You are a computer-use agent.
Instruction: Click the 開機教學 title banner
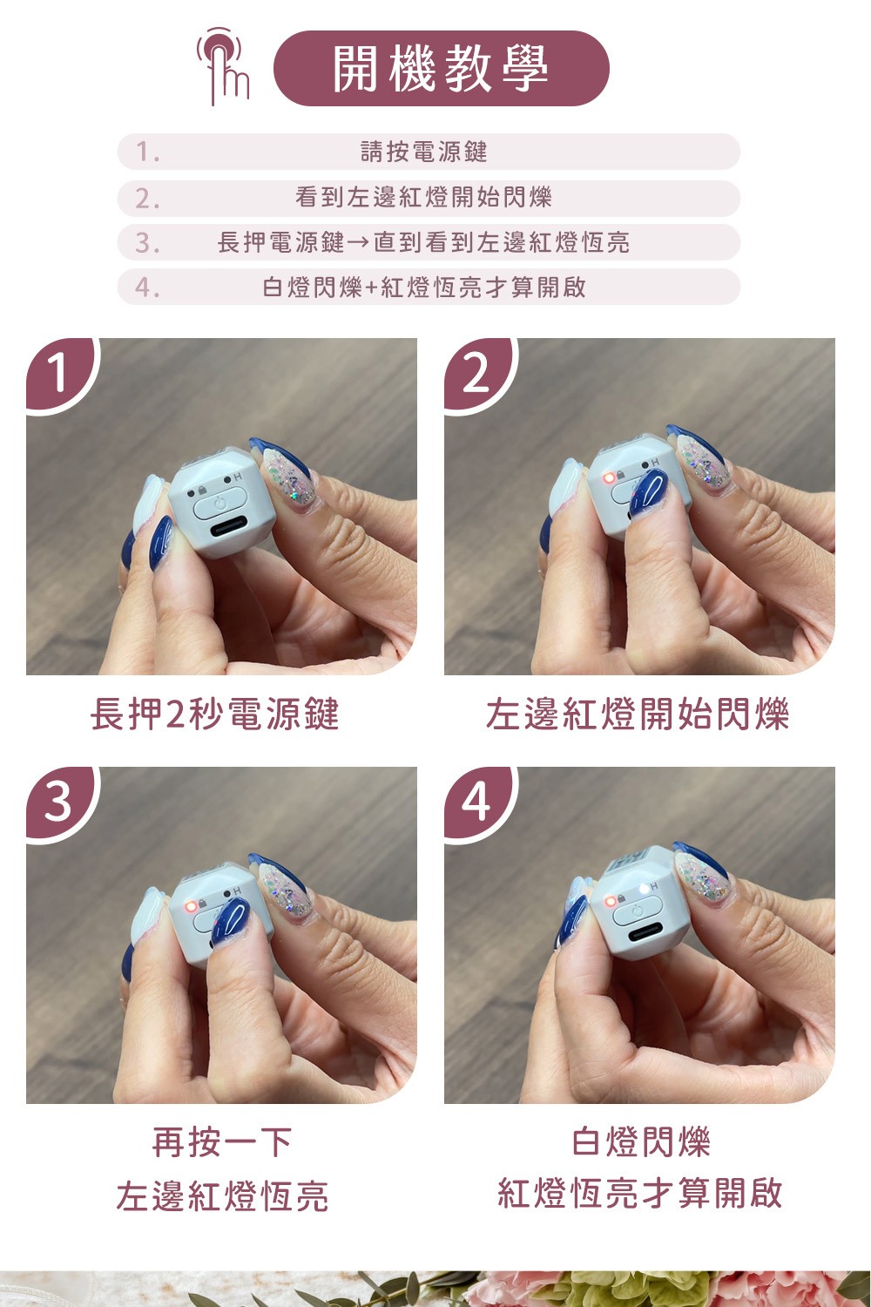[441, 68]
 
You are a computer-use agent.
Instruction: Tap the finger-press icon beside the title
[223, 65]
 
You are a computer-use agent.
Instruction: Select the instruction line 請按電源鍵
[423, 152]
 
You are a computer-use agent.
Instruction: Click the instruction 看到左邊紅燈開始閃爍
[423, 197]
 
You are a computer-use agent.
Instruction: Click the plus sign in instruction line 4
[372, 288]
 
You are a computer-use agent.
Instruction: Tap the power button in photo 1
[219, 504]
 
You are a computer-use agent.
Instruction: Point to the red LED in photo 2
[608, 477]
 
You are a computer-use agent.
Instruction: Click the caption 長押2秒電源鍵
[214, 714]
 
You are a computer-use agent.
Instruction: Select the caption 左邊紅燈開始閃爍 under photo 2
[638, 714]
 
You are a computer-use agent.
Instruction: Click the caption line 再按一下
[222, 1141]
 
